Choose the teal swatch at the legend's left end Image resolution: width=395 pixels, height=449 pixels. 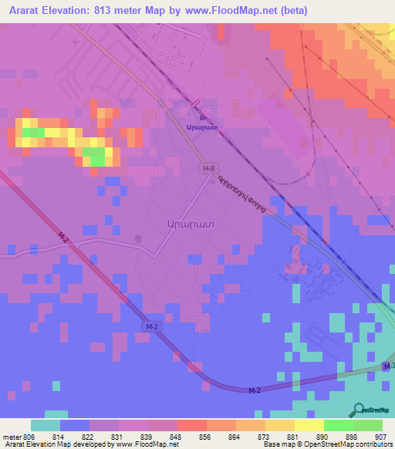point(45,425)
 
